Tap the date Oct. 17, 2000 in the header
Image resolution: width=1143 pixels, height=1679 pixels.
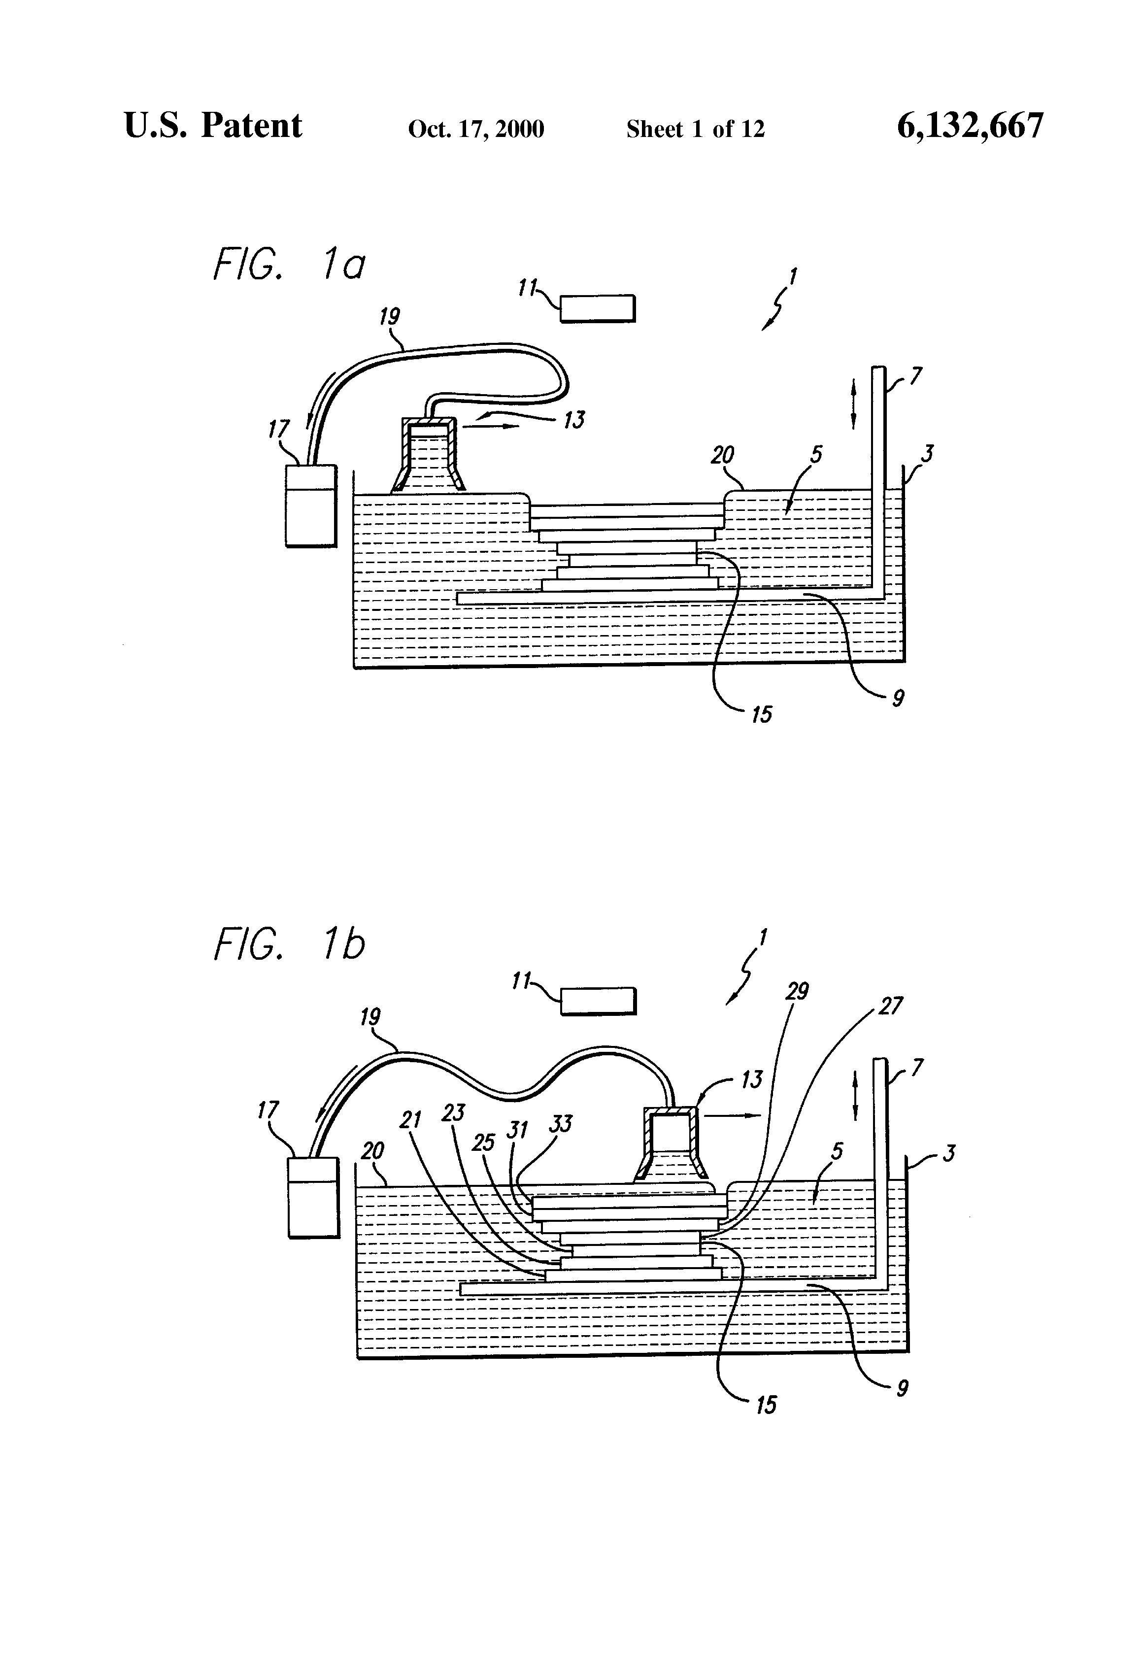(x=476, y=129)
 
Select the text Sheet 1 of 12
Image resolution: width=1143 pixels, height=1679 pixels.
(x=695, y=129)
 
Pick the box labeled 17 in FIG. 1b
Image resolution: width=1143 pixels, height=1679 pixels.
(x=313, y=1197)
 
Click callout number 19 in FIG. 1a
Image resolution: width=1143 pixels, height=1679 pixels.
(x=389, y=316)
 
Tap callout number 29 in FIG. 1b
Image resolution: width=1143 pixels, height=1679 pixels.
(x=797, y=991)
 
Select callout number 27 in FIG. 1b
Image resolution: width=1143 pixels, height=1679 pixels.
(x=891, y=1006)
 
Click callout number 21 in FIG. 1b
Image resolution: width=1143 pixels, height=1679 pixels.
(x=410, y=1120)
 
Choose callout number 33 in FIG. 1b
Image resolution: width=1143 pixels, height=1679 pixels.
(x=561, y=1123)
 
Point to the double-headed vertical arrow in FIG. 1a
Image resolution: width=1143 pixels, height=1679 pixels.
(x=853, y=406)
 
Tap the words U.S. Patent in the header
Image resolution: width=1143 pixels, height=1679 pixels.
(x=213, y=125)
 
